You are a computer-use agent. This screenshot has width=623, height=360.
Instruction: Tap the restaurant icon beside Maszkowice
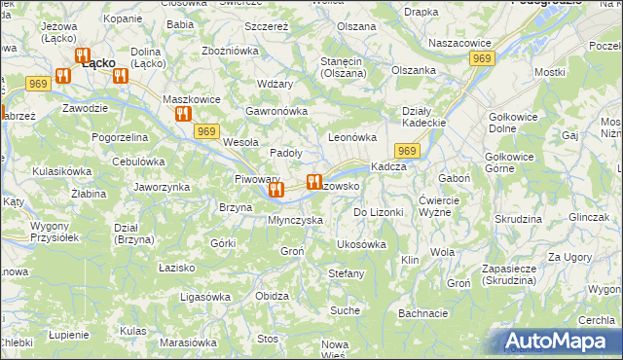click(182, 114)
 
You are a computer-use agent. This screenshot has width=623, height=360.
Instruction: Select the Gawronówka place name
click(276, 111)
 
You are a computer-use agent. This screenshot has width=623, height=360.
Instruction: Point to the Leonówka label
click(352, 138)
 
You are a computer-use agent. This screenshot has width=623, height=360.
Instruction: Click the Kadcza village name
click(388, 166)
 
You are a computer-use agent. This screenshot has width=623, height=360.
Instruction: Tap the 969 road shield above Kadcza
click(407, 151)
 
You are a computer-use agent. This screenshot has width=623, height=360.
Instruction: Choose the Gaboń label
click(455, 179)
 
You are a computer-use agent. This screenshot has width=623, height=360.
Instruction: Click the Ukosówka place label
click(361, 244)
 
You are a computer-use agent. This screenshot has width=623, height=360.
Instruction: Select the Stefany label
click(346, 273)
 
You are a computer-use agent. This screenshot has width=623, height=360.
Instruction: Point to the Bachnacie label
click(422, 313)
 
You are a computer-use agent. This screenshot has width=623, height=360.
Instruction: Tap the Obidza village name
click(272, 296)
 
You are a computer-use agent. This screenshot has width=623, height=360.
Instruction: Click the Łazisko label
click(177, 267)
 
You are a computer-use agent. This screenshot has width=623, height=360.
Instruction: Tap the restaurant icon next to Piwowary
click(275, 189)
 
